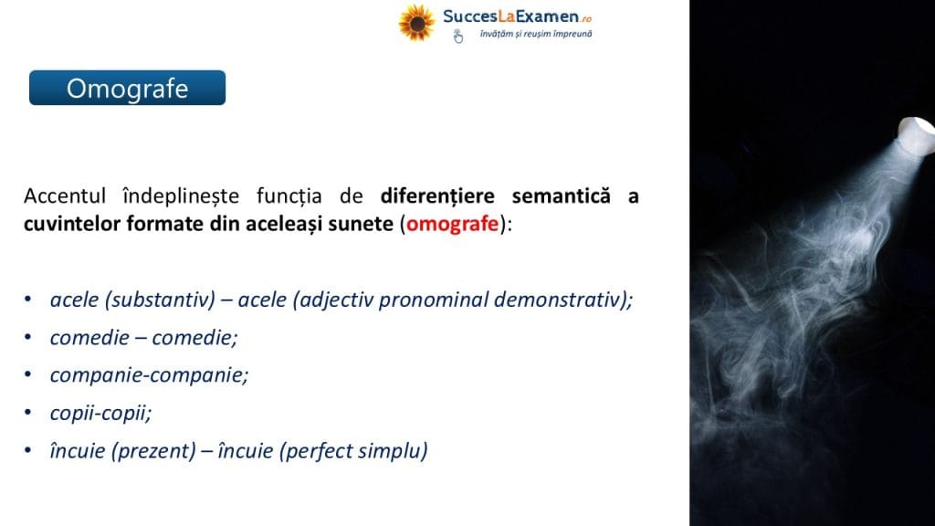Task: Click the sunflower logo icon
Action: click(416, 23)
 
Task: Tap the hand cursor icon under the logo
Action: click(458, 37)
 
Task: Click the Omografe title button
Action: click(127, 88)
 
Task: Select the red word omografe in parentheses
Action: click(452, 224)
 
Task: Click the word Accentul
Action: click(65, 195)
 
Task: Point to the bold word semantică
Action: click(562, 195)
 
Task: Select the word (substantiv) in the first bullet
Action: click(160, 300)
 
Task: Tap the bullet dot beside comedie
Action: click(27, 337)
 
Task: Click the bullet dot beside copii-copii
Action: click(27, 413)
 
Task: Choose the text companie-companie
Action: click(149, 375)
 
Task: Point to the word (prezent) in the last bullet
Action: click(153, 451)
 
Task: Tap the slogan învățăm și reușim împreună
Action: click(536, 34)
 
